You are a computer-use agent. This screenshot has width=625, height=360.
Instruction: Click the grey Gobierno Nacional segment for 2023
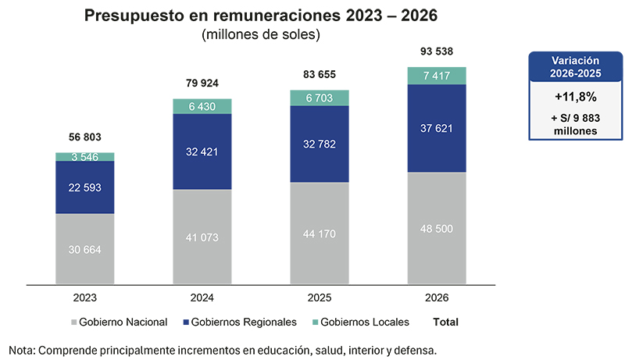84,248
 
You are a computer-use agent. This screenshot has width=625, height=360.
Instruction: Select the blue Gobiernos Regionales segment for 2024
202,151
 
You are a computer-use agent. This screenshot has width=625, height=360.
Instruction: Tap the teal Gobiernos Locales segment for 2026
437,75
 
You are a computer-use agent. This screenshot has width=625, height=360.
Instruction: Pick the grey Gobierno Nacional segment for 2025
319,233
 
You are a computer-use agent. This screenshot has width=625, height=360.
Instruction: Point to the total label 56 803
84,137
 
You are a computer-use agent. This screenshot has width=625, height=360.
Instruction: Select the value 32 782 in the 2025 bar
319,144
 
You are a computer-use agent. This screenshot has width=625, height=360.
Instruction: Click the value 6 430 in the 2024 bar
202,106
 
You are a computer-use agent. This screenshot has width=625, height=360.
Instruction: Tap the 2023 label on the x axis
84,298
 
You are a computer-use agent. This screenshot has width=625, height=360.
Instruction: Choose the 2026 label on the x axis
437,298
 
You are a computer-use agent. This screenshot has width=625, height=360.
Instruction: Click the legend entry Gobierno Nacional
121,322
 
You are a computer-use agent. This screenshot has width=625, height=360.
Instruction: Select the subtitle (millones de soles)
261,34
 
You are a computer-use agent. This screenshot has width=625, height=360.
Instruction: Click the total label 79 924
202,83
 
